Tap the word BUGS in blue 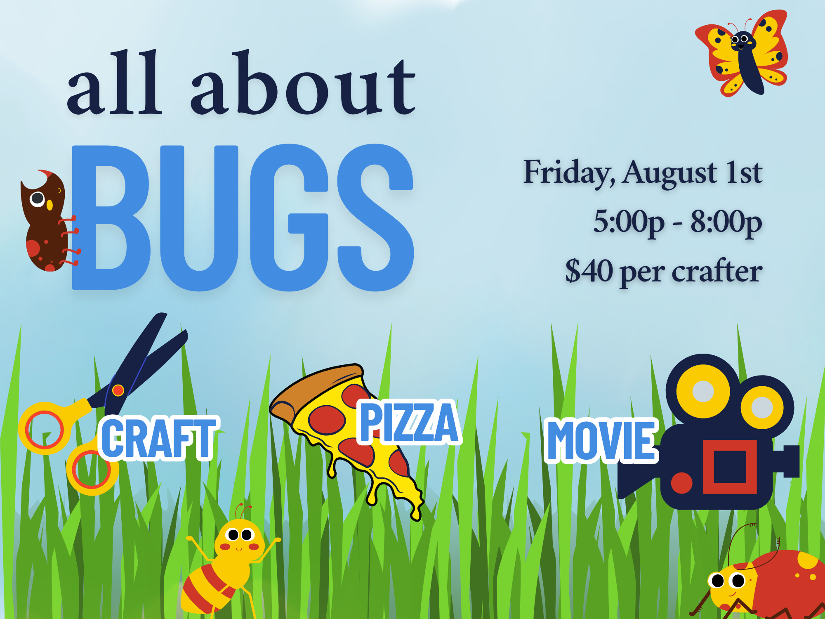click(243, 217)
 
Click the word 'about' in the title click(303, 83)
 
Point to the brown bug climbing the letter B click(47, 221)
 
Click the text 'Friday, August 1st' click(643, 172)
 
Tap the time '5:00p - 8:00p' click(678, 222)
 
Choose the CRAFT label click(159, 438)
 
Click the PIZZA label click(409, 422)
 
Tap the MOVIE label click(601, 440)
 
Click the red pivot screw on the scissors click(118, 390)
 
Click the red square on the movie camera click(730, 467)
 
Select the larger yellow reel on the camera click(703, 391)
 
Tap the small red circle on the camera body click(681, 483)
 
